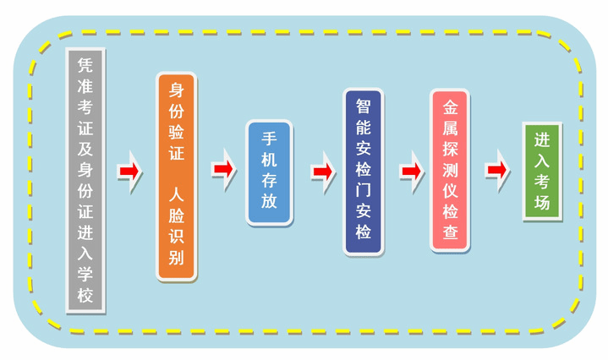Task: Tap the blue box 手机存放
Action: [x=269, y=172]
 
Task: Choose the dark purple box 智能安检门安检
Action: [x=364, y=171]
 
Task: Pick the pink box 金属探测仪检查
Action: [x=450, y=169]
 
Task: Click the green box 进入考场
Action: [x=542, y=172]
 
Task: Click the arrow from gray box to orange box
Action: [x=129, y=172]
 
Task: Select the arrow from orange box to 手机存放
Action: [x=222, y=169]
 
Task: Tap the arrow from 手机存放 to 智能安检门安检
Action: [x=322, y=172]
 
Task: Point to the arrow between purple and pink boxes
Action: [x=412, y=171]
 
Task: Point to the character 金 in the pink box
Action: [x=450, y=108]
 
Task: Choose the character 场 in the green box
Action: [x=542, y=203]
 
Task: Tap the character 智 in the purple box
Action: [x=364, y=107]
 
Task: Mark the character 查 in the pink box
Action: [x=450, y=231]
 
